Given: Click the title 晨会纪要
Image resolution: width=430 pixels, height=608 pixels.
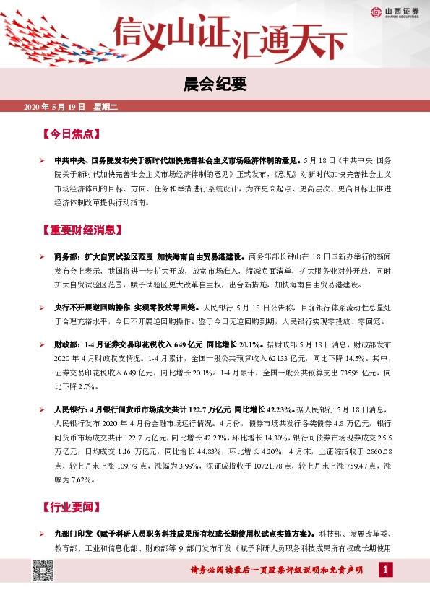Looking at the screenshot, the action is (215, 84).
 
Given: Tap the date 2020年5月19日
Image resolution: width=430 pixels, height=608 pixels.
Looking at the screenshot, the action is (55, 108).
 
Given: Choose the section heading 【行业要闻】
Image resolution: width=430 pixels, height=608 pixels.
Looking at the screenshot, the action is (71, 506).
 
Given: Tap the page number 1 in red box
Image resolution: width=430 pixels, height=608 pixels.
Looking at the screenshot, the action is (385, 571).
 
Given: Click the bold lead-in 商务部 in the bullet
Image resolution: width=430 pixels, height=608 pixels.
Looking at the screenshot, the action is (69, 256).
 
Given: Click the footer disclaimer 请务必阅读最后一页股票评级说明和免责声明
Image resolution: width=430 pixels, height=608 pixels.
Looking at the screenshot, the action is (281, 571).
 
